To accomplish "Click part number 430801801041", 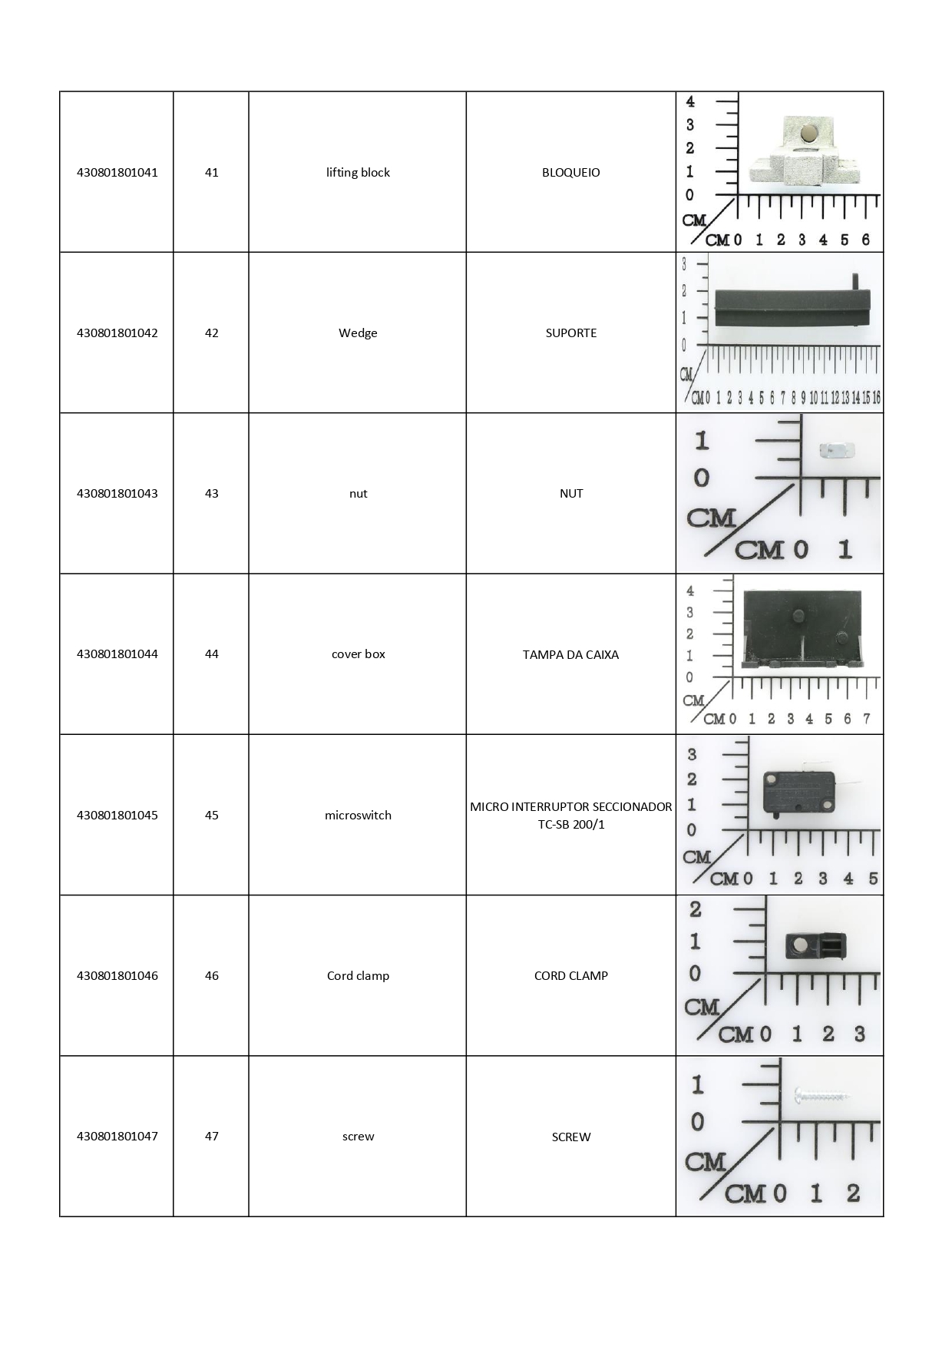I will click(117, 172).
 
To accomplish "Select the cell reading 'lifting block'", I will click(358, 172).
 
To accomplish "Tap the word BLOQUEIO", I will click(570, 172).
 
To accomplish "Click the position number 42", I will click(211, 333).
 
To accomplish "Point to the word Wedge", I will click(358, 333).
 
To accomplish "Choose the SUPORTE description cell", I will click(570, 333).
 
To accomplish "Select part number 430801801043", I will click(117, 493).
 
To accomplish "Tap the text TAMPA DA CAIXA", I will click(570, 654).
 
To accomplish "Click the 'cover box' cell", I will click(358, 654).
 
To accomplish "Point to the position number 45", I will click(211, 815).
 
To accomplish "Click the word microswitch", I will click(358, 815).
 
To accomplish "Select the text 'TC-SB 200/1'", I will click(570, 825).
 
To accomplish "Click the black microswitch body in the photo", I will click(798, 791).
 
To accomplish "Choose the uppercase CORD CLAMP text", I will click(570, 975).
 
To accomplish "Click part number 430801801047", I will click(117, 1136).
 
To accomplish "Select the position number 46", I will click(211, 975).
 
